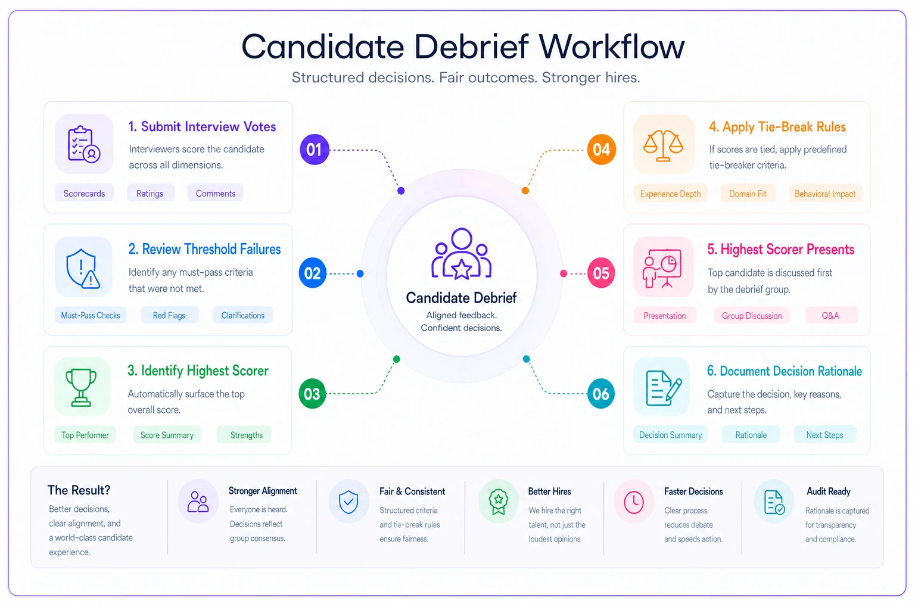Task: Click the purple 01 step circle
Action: (x=314, y=150)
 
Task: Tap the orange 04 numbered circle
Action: (x=601, y=150)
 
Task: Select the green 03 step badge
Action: (x=312, y=394)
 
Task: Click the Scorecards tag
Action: (x=84, y=193)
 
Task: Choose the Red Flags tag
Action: (x=169, y=315)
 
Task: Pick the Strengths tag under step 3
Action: (x=246, y=435)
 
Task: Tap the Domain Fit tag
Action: (x=748, y=194)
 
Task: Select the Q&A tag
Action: (x=830, y=316)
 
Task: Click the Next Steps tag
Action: (x=824, y=435)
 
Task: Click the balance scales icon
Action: (x=663, y=145)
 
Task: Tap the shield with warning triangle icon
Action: (x=83, y=269)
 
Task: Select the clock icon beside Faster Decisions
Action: (x=634, y=502)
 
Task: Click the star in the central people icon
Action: (x=462, y=269)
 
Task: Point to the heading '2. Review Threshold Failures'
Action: (x=205, y=249)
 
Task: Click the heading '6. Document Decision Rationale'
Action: (x=785, y=371)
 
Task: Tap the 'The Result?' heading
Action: (x=79, y=490)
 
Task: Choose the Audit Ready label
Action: (x=829, y=491)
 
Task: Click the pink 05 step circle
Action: (x=601, y=273)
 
